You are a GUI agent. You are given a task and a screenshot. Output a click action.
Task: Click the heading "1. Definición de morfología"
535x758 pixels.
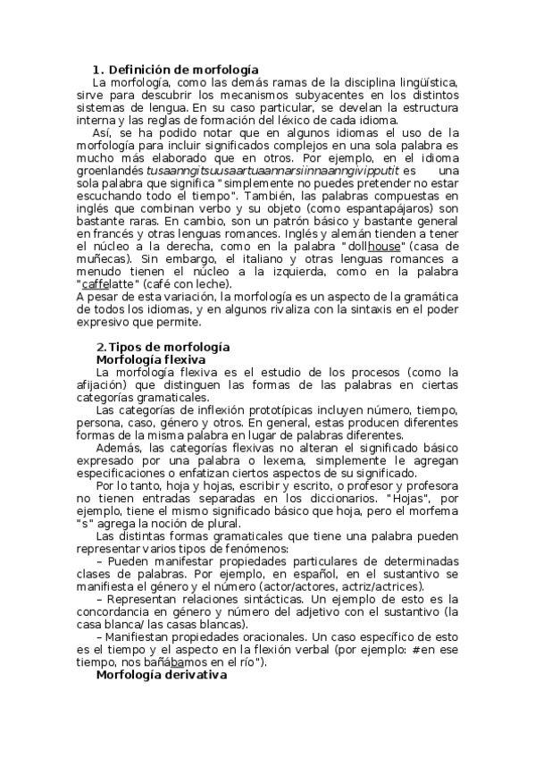click(176, 69)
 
